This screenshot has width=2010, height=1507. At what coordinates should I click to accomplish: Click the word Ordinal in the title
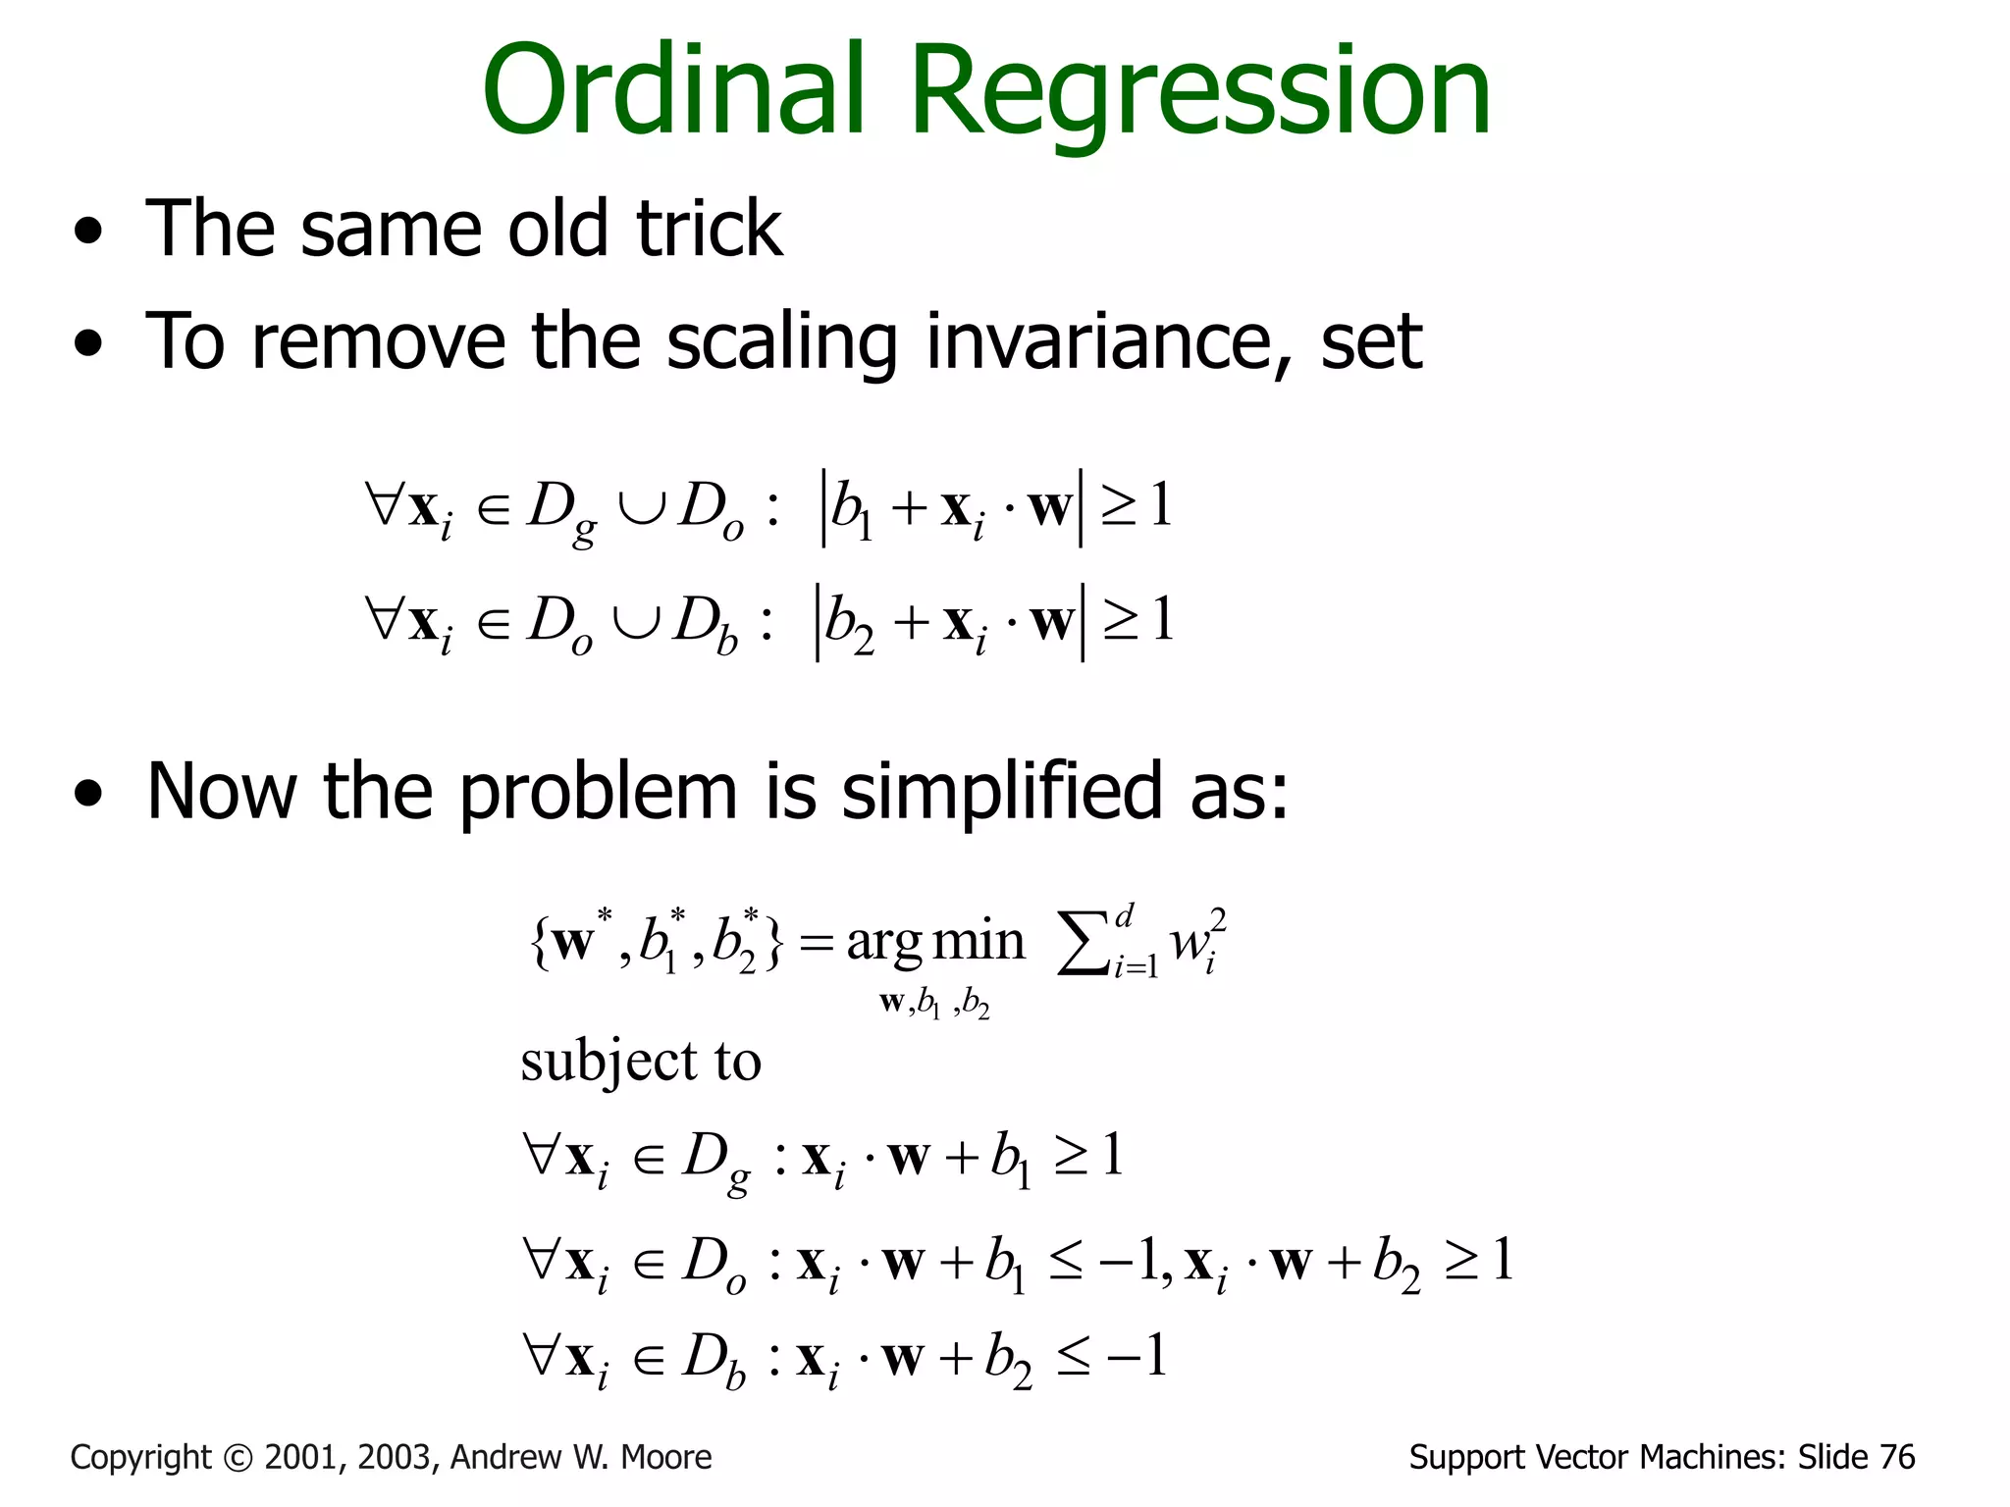[673, 90]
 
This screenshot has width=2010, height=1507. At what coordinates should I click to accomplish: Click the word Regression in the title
[1200, 94]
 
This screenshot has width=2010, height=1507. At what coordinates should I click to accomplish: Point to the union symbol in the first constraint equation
[641, 508]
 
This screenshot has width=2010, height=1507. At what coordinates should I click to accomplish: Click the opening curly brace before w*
[538, 944]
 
